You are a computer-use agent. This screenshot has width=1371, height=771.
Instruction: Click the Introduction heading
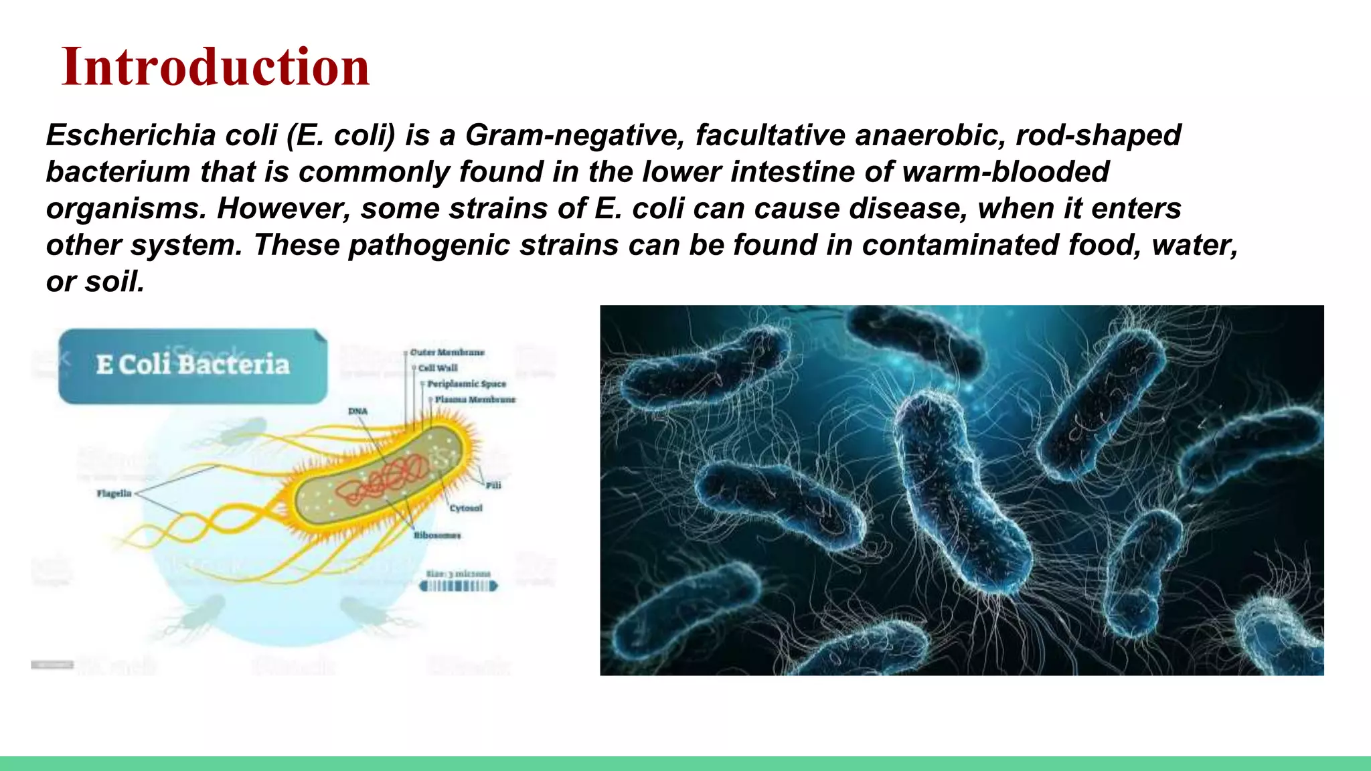tap(215, 67)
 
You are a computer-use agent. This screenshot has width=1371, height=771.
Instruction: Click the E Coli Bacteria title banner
tap(193, 365)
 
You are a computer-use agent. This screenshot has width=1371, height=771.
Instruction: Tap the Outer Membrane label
tap(447, 352)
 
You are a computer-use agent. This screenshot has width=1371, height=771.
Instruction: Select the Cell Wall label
tap(438, 368)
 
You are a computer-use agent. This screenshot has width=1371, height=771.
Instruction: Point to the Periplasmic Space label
tap(467, 384)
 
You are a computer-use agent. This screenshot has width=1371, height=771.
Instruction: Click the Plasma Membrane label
tap(475, 400)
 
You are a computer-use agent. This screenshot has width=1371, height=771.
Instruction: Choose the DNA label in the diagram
tap(357, 411)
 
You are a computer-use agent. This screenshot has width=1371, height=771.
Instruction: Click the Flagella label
tap(114, 494)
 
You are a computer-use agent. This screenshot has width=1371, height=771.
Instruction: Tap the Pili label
tap(493, 485)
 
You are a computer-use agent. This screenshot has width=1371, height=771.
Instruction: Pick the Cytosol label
tap(466, 508)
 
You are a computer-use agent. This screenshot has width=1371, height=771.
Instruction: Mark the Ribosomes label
tap(437, 535)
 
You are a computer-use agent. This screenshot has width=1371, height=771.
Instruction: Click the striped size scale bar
tap(459, 586)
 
